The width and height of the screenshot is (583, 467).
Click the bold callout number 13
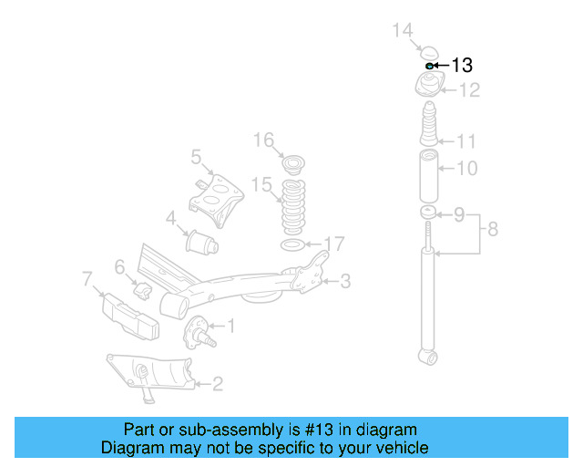(x=462, y=65)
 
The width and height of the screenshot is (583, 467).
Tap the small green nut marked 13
(x=428, y=66)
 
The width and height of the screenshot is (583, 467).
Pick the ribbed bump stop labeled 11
(x=428, y=128)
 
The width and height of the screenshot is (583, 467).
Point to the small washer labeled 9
(x=426, y=213)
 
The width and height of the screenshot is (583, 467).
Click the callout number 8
(x=493, y=229)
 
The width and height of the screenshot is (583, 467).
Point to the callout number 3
(x=345, y=282)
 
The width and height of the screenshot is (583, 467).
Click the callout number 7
(x=87, y=276)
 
